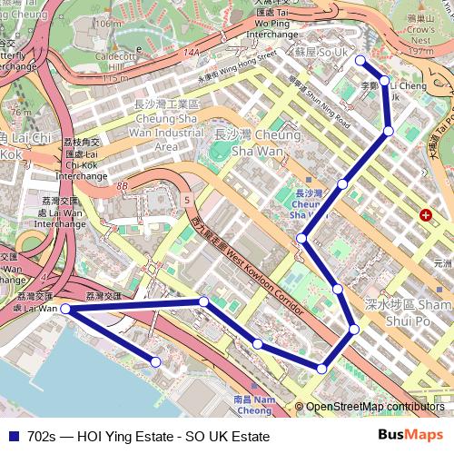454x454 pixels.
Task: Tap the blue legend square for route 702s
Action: [13, 437]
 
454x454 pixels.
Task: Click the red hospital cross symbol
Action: [425, 215]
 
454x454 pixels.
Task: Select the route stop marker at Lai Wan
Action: [65, 310]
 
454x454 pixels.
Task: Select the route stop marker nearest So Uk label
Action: [360, 61]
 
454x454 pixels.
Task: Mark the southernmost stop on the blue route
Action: [321, 367]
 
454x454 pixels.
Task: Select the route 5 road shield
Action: [185, 198]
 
